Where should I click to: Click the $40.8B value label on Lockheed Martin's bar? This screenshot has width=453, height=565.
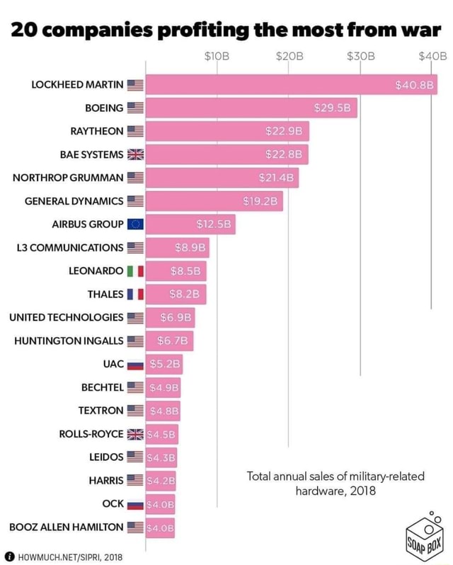pyautogui.click(x=415, y=86)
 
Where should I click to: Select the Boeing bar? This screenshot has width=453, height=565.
pyautogui.click(x=251, y=108)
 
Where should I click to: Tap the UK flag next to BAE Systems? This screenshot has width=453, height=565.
pyautogui.click(x=134, y=154)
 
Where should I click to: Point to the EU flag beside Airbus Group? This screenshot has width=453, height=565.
pyautogui.click(x=134, y=224)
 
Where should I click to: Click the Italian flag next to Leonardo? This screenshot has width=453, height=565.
pyautogui.click(x=134, y=271)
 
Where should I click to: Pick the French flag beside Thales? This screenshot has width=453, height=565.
pyautogui.click(x=134, y=294)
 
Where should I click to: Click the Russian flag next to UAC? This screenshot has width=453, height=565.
pyautogui.click(x=134, y=364)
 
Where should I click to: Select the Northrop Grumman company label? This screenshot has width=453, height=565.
pyautogui.click(x=68, y=178)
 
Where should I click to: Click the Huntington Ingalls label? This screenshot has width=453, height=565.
pyautogui.click(x=69, y=341)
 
